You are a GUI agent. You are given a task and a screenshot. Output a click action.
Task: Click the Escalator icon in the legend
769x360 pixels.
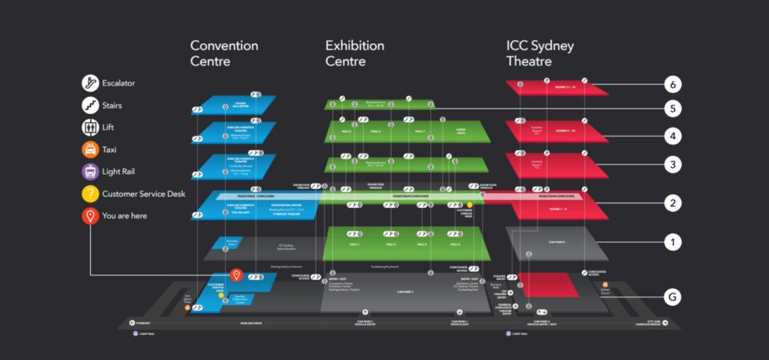(x=91, y=82)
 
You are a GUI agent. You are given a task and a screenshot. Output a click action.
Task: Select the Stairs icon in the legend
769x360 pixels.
(x=91, y=105)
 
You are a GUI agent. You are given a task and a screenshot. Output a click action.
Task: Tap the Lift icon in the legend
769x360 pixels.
(x=91, y=127)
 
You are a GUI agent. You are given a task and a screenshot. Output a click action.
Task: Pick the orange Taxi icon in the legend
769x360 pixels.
(x=91, y=149)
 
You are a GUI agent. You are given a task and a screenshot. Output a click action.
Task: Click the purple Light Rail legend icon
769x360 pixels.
(x=91, y=171)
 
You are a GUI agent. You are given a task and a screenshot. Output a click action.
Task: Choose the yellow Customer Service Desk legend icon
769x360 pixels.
(x=91, y=193)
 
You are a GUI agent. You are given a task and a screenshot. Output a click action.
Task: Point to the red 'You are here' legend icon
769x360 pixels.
(x=91, y=216)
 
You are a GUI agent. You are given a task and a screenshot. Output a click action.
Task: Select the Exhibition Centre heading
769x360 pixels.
(x=355, y=53)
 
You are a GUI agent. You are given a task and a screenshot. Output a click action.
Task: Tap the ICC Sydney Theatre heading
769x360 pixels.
(x=540, y=53)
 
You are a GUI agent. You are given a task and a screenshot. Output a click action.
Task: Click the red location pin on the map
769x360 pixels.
(x=235, y=275)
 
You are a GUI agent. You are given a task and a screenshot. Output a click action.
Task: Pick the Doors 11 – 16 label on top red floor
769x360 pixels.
(x=565, y=87)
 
